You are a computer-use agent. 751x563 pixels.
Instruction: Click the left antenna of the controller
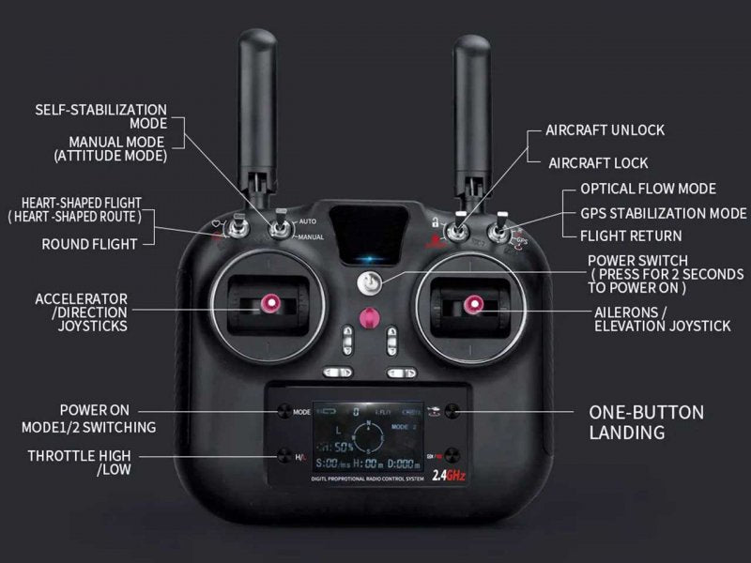tap(257, 113)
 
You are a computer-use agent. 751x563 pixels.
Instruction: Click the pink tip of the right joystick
tap(468, 303)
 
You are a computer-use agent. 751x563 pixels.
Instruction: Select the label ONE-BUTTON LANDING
tap(646, 422)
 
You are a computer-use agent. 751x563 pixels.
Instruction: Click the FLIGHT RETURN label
tap(631, 236)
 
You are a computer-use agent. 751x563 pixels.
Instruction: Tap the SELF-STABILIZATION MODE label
tap(100, 116)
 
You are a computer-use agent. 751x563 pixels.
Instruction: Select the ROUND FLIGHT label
tap(89, 244)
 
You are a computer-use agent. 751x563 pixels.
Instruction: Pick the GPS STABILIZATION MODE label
tap(663, 213)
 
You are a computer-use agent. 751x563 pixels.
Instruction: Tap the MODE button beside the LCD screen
tap(283, 411)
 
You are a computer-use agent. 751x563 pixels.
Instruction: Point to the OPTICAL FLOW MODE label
tap(648, 189)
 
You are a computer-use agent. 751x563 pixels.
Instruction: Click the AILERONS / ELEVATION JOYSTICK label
tap(661, 319)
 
